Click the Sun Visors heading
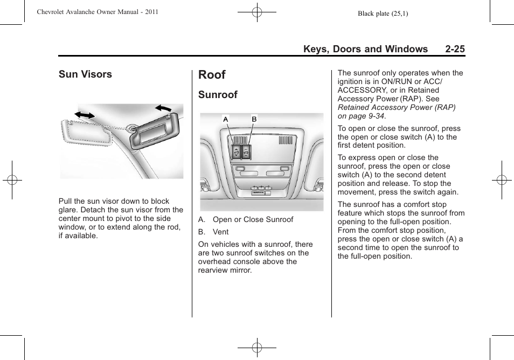point(85,74)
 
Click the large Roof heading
point(212,75)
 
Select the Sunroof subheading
point(218,95)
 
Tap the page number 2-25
point(455,49)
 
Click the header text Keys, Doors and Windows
point(365,49)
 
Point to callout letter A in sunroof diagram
point(226,119)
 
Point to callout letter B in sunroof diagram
point(254,119)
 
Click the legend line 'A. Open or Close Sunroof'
point(246,219)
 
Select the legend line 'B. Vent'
point(213,232)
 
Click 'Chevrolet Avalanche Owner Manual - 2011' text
point(98,12)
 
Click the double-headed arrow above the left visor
point(85,115)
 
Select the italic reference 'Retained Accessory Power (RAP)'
point(397,107)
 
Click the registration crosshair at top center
point(257,12)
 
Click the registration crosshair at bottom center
point(257,348)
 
